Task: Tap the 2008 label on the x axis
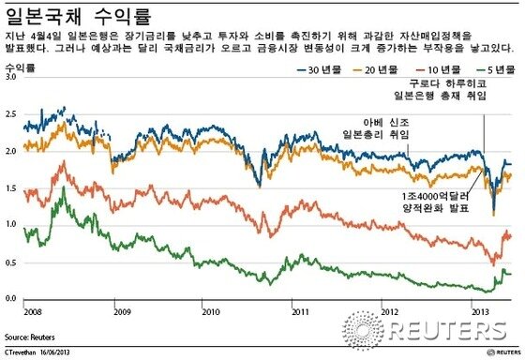(x=32, y=309)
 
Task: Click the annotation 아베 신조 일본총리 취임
(x=376, y=127)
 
